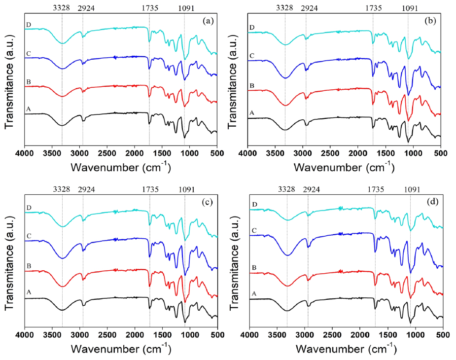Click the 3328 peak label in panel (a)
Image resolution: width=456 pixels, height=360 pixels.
pos(62,8)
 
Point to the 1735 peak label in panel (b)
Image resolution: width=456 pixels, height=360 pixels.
pos(373,8)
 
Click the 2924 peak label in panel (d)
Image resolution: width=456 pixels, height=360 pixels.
pos(310,189)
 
